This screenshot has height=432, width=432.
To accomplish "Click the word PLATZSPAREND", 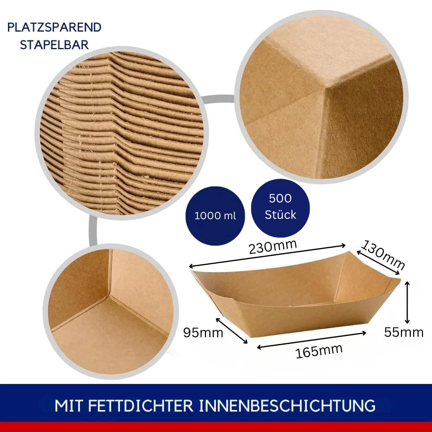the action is click(54, 27).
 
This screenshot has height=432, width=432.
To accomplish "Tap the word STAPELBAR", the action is click(54, 45).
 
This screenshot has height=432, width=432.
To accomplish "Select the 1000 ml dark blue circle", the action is click(215, 216).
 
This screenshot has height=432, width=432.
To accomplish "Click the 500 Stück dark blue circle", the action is click(280, 208).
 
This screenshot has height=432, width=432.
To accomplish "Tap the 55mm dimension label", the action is click(404, 332).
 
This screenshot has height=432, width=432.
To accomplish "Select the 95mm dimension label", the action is click(203, 332).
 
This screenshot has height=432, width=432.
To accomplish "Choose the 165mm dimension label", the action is click(319, 351).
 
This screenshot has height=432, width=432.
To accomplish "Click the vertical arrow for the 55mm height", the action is click(407, 302).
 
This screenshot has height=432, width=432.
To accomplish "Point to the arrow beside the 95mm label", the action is click(232, 331).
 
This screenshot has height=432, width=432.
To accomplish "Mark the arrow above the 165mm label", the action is click(311, 340).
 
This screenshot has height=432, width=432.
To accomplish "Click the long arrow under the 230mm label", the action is click(267, 256).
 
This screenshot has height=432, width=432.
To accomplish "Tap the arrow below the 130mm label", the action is click(378, 262).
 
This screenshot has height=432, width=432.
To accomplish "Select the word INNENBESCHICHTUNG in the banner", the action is click(287, 406).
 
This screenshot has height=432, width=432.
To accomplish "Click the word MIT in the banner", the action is click(69, 406).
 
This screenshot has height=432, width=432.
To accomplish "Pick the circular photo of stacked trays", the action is click(122, 133).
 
